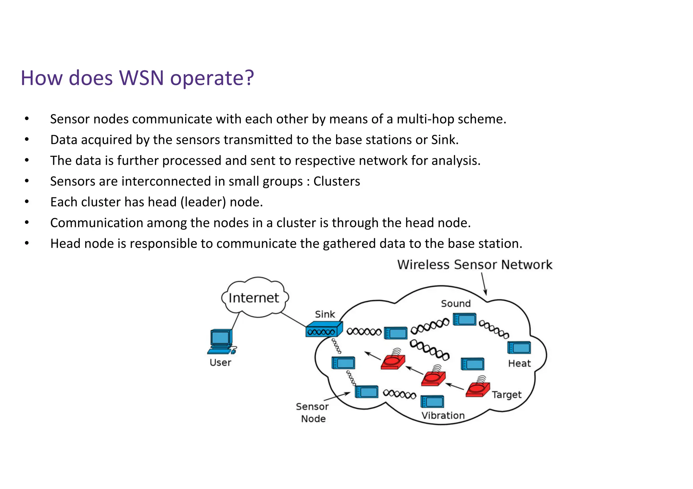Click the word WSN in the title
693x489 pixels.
click(141, 78)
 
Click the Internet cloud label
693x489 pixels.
click(253, 298)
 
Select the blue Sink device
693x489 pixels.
click(324, 329)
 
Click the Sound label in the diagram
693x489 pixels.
click(455, 303)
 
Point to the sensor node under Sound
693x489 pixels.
click(464, 319)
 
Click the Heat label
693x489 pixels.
click(519, 364)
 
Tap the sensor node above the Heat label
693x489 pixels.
click(519, 347)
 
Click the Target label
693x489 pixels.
click(506, 395)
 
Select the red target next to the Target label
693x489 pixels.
click(477, 389)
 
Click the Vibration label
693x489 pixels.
click(443, 416)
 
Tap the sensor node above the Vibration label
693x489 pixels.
click(432, 401)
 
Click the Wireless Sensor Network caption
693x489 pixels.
click(474, 265)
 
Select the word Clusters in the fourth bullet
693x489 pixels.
click(336, 181)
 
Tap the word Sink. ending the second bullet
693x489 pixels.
click(445, 140)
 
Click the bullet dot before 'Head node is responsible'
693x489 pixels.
click(27, 243)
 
